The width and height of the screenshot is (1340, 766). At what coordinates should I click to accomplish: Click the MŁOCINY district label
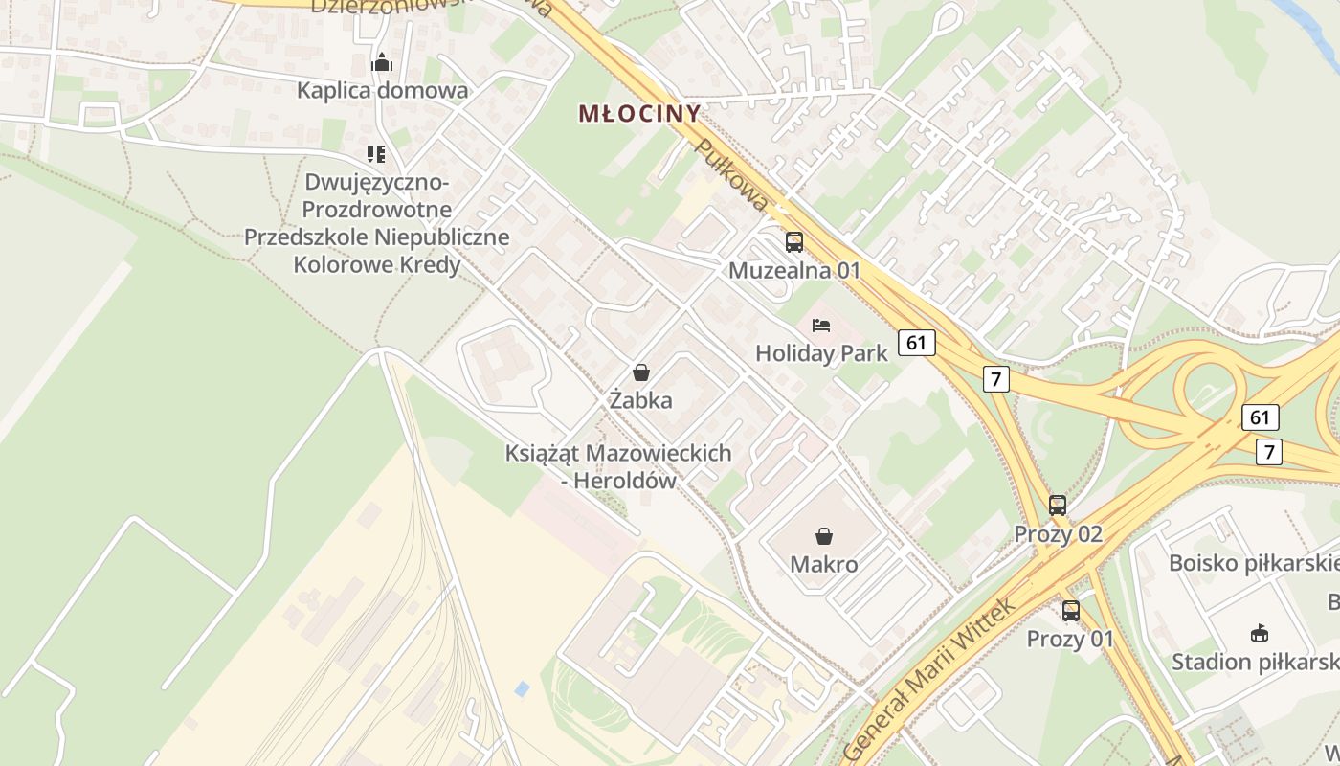[639, 114]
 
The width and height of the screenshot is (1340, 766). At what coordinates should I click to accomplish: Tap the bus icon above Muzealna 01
[794, 242]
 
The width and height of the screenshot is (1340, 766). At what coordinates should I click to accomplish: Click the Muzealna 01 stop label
[794, 271]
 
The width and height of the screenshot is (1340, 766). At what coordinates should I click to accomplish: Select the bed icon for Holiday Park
[821, 326]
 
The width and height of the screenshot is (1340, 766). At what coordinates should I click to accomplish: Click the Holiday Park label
[821, 353]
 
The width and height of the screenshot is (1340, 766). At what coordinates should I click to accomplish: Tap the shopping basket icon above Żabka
[641, 372]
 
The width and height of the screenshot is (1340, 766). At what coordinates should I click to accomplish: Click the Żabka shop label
[641, 400]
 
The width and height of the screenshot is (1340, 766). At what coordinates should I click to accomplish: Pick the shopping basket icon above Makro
[823, 536]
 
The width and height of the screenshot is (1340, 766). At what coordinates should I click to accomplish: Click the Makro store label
[823, 565]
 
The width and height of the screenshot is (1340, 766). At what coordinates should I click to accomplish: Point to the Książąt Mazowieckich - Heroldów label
[618, 466]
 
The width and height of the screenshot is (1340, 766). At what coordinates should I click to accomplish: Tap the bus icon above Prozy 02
[1058, 505]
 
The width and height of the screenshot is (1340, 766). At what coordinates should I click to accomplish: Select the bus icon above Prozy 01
[1071, 610]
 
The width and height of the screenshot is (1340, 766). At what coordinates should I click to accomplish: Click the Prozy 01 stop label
[1070, 639]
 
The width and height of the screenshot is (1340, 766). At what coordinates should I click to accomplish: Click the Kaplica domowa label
[382, 91]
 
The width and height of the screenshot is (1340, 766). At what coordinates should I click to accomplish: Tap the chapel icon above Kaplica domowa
[382, 63]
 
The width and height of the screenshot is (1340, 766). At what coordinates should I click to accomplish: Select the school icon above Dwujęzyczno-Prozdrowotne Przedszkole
[376, 153]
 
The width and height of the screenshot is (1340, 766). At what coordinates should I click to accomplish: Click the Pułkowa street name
[731, 175]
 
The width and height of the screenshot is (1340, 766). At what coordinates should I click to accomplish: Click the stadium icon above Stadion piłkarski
[1260, 633]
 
